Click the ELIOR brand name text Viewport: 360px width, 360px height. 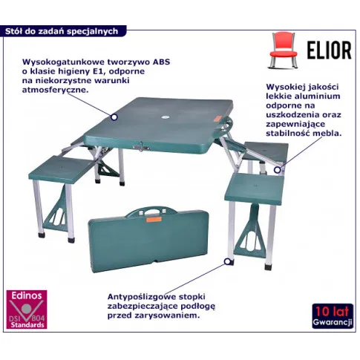(329, 50)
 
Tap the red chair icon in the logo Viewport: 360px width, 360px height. (283, 50)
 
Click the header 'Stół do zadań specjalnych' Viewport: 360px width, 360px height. (62, 31)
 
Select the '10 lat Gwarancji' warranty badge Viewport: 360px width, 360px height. (333, 316)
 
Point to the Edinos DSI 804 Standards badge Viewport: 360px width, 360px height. (27, 310)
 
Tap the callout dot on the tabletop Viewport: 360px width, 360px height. (114, 117)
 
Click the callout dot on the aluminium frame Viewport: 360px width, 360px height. (278, 170)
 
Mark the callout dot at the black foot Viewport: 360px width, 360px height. (227, 261)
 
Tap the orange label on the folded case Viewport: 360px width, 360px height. (154, 219)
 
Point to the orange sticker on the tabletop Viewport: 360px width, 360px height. (217, 120)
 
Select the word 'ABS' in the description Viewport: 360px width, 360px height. (161, 62)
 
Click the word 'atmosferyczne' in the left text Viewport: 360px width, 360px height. (55, 90)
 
